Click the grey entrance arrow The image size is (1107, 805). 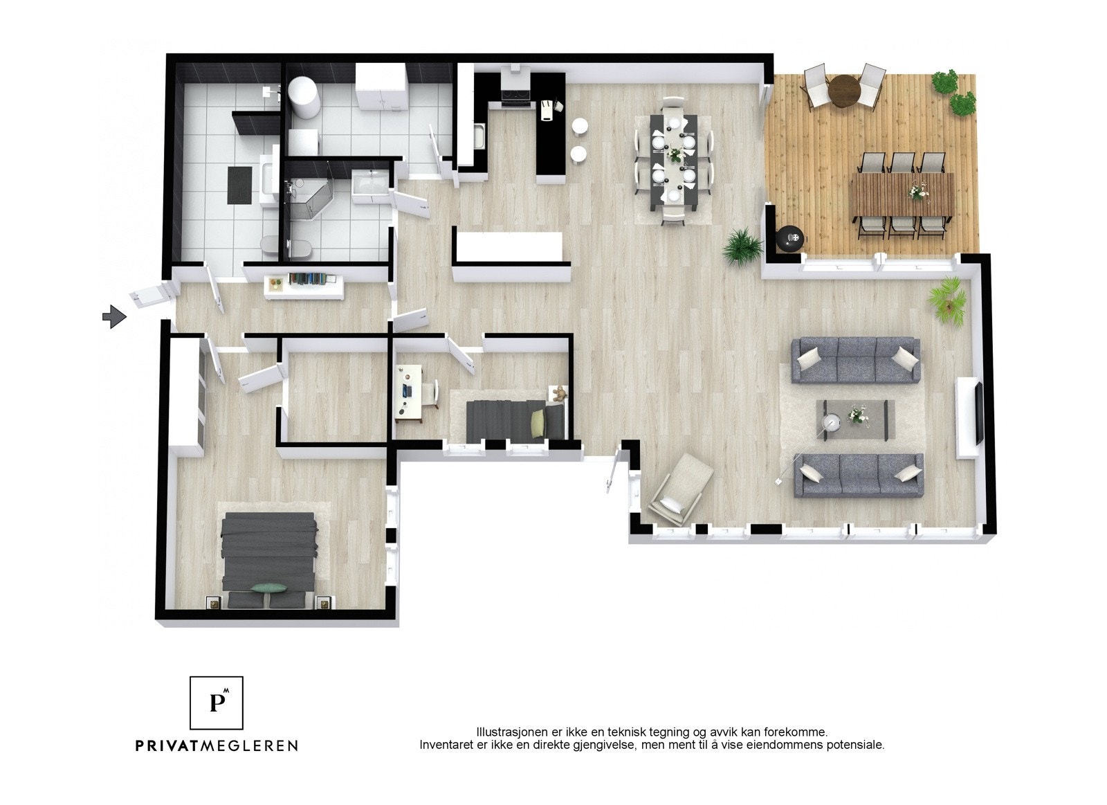click(114, 317)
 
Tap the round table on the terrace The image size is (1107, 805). click(843, 91)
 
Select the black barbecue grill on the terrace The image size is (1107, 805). click(790, 238)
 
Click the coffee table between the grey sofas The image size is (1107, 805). click(855, 419)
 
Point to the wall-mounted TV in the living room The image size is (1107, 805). click(978, 413)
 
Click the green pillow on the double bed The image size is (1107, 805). click(268, 588)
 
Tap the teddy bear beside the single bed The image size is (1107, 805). click(558, 395)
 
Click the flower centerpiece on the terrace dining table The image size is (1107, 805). click(919, 189)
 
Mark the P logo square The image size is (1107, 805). click(217, 703)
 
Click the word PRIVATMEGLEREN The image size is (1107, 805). click(217, 745)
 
